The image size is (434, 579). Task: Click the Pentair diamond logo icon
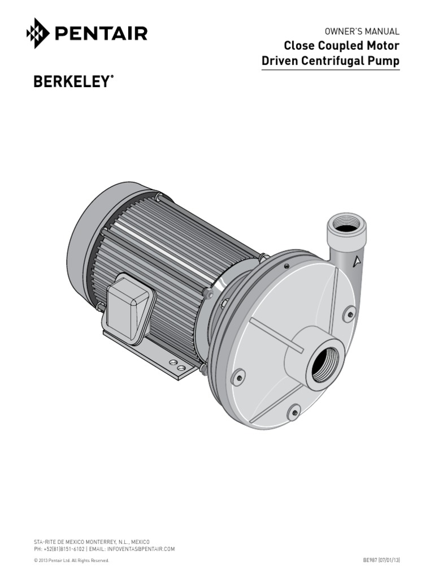tap(38, 33)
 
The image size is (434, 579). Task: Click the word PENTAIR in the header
tap(101, 33)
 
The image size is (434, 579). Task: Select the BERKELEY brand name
tap(70, 82)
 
